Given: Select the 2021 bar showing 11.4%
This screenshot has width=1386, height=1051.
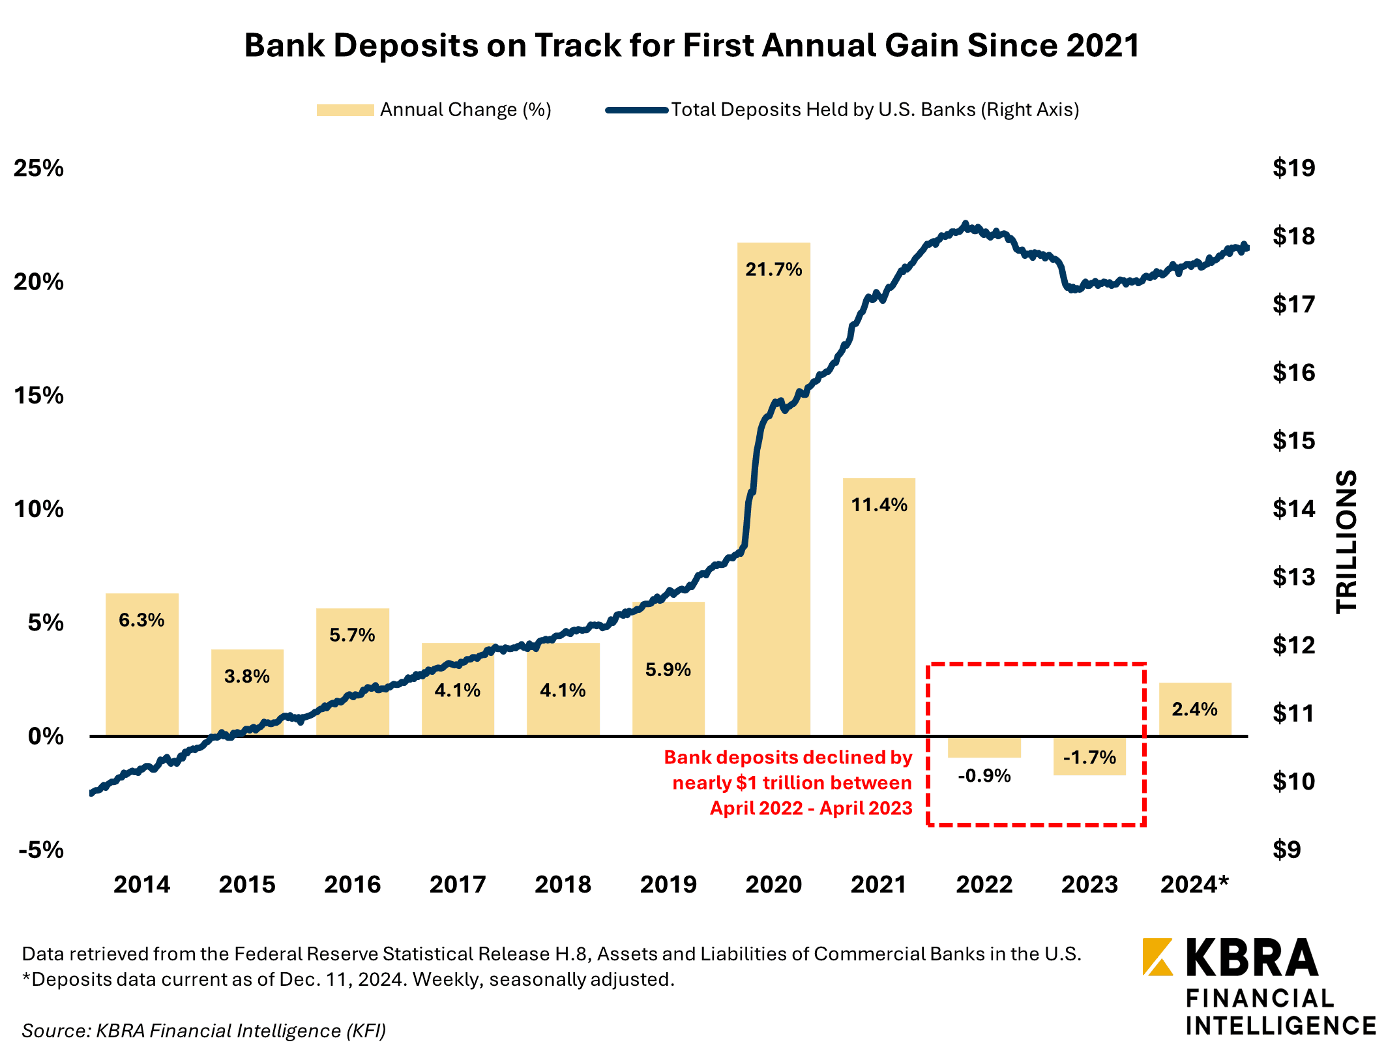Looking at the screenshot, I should point(879,606).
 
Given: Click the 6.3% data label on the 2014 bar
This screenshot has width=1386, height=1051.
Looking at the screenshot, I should point(141,620).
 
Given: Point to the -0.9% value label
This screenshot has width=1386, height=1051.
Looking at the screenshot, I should point(984,776).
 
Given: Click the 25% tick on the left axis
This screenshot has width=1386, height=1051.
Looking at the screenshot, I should point(39,168).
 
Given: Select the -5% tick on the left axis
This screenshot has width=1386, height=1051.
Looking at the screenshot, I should point(41,850).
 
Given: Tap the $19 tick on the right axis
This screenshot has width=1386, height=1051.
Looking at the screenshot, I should point(1293,168).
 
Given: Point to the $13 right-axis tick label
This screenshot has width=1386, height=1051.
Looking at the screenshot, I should point(1293,577).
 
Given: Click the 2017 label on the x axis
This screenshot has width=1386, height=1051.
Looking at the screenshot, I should point(458,885).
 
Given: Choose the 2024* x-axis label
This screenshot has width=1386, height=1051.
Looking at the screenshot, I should point(1194,885).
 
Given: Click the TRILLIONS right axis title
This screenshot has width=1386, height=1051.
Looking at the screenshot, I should point(1347,541).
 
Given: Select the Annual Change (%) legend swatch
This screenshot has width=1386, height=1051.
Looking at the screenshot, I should point(345,110).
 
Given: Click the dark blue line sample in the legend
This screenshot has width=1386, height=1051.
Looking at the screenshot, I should point(636,110).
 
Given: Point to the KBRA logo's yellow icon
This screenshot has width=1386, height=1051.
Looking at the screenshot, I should point(1157,957).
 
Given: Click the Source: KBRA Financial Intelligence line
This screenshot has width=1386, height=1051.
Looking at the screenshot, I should point(204,1030).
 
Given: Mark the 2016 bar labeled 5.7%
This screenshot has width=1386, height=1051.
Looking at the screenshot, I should point(352,678).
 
